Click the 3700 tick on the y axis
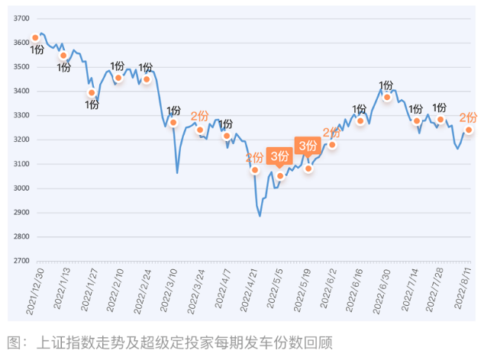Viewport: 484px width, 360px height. (x=21, y=18)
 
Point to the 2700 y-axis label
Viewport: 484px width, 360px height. (x=21, y=261)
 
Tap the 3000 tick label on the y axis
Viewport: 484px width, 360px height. (x=21, y=188)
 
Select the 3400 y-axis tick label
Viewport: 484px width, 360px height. (x=21, y=92)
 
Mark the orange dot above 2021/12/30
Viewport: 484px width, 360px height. (x=35, y=37)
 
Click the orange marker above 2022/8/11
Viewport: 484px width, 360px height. (x=468, y=130)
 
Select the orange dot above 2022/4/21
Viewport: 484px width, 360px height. (x=254, y=170)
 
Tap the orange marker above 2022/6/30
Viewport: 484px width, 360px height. (x=387, y=97)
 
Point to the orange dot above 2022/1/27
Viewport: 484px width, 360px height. (x=92, y=93)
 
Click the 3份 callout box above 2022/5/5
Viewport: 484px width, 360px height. (x=279, y=156)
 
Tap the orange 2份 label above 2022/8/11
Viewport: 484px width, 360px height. (x=468, y=117)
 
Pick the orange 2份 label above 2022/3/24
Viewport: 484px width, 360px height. (x=199, y=116)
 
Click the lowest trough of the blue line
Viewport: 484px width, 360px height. (x=260, y=216)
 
